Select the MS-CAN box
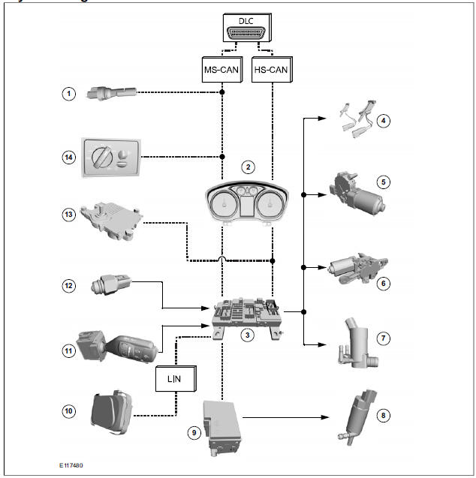click(223, 71)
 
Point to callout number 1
click(69, 94)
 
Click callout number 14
click(69, 157)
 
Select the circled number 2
click(249, 167)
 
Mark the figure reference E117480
click(72, 465)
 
